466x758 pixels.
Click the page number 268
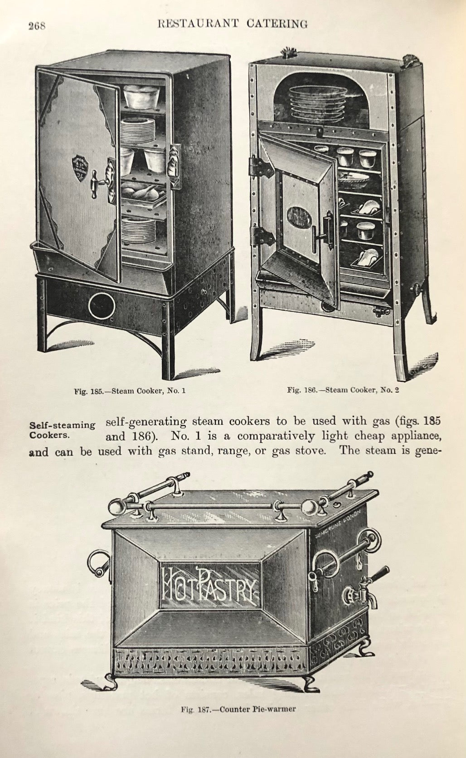[37, 26]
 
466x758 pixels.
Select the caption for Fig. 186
[343, 390]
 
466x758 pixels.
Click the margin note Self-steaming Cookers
[62, 430]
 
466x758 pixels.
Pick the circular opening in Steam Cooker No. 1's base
[102, 306]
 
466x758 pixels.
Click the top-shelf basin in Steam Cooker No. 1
[141, 97]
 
